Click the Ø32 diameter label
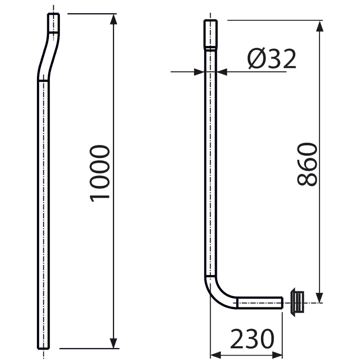point(272,58)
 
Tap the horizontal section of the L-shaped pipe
point(260,301)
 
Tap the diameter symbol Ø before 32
point(256,58)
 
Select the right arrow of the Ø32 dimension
point(223,70)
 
